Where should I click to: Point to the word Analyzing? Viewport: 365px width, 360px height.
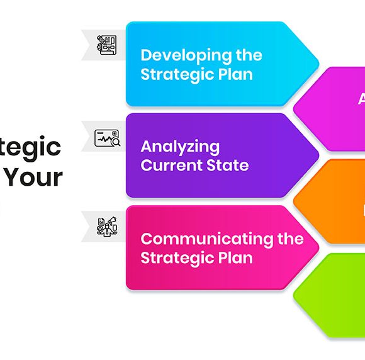click(180, 147)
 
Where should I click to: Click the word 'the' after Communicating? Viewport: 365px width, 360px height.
click(291, 239)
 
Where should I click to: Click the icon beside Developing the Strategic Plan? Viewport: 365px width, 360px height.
click(106, 44)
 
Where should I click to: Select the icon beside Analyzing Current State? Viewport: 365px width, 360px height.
click(107, 138)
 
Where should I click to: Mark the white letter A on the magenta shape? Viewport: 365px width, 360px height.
click(361, 99)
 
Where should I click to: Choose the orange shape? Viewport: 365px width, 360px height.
click(334, 201)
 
